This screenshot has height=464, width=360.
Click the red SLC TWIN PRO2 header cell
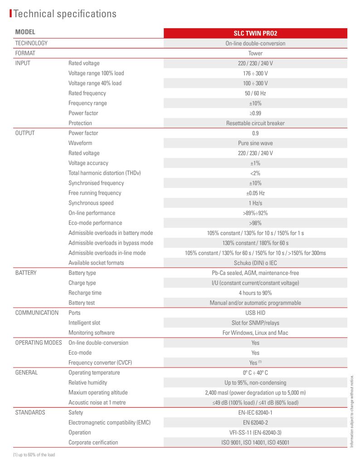[255, 33]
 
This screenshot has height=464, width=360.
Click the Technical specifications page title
[65, 14]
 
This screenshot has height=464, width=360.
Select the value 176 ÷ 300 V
[255, 73]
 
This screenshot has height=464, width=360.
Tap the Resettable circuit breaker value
[255, 123]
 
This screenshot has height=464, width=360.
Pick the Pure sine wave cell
[255, 143]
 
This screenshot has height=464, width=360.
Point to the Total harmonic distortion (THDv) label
[104, 173]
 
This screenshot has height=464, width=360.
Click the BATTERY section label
[26, 273]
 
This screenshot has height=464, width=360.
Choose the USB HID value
[255, 313]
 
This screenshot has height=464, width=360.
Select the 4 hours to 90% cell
[255, 293]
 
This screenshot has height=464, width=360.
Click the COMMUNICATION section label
[37, 313]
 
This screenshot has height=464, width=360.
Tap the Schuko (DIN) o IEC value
[255, 263]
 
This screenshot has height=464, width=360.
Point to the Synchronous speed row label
[91, 203]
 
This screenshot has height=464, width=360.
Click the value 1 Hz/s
[255, 203]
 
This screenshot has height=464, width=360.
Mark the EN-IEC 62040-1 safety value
[255, 412]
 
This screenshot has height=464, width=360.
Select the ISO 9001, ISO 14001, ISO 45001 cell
[255, 442]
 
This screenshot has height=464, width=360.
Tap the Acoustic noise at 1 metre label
[97, 402]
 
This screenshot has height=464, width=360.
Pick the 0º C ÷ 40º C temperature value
[255, 372]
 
